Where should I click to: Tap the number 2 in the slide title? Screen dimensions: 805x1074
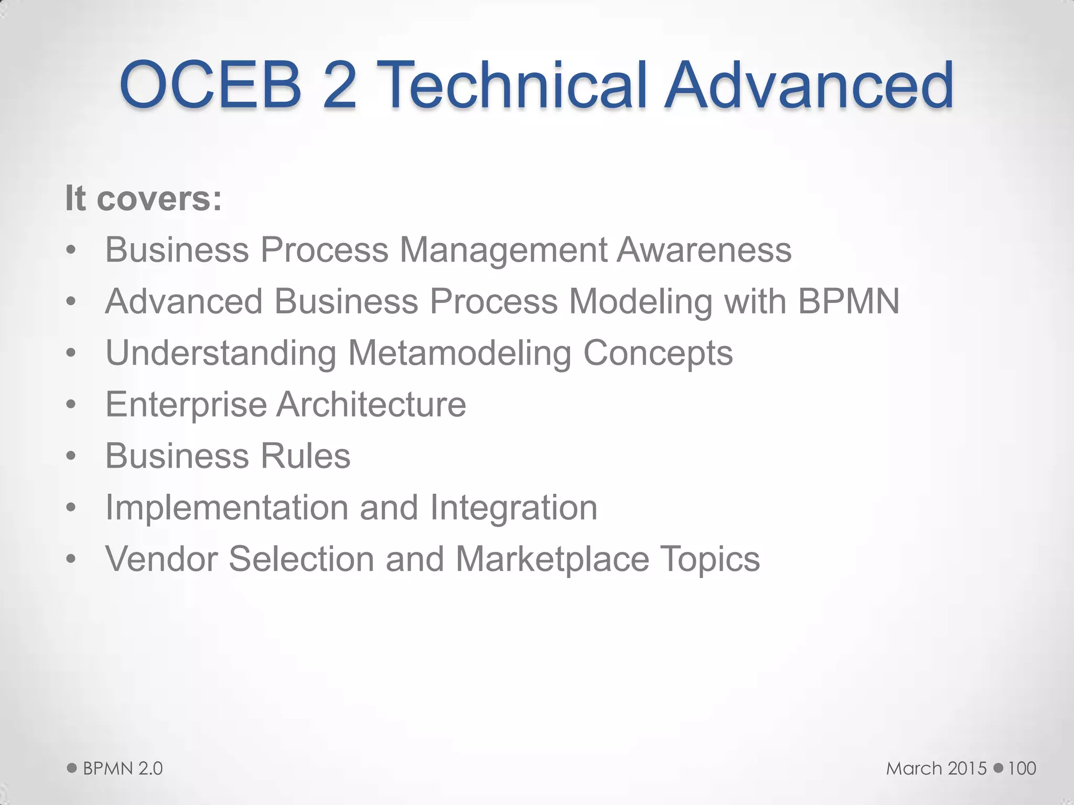[x=339, y=85]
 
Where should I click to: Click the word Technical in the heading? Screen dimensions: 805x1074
[x=515, y=85]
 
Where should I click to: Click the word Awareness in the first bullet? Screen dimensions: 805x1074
[x=704, y=249]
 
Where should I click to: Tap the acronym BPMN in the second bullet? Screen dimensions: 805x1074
[x=849, y=301]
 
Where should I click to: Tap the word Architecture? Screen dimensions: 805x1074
[x=371, y=404]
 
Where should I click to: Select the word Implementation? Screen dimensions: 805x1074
[x=227, y=508]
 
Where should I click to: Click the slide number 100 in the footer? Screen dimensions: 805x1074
[x=1022, y=768]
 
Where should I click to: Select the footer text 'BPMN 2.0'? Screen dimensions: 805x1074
[x=123, y=768]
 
